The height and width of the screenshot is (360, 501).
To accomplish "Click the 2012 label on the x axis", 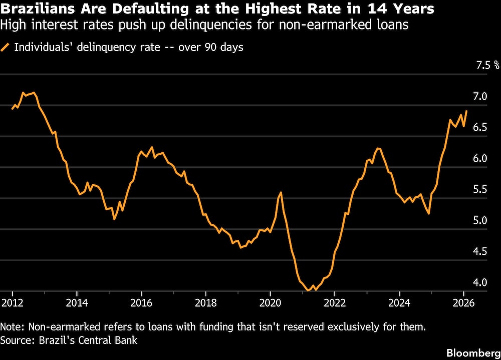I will tap(13, 302).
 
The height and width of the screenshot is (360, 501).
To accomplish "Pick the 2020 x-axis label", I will tap(270, 302).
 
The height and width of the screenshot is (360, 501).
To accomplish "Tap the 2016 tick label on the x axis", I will tap(141, 302).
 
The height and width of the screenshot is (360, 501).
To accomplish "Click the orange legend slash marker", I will tap(6, 48).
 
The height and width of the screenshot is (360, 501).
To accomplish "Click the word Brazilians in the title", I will tap(39, 9).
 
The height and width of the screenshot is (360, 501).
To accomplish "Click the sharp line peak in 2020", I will tap(280, 192).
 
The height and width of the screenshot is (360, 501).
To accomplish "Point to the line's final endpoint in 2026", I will tap(466, 111).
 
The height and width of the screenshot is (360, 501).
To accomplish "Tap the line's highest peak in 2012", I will tap(34, 93).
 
